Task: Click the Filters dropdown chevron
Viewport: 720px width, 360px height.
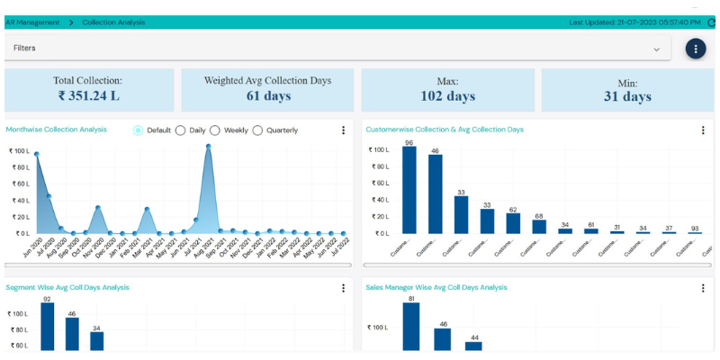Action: coord(656,49)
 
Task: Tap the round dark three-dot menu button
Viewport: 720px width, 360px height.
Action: coord(696,49)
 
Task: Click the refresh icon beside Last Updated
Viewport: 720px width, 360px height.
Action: coord(711,22)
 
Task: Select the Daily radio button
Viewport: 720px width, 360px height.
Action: coord(181,130)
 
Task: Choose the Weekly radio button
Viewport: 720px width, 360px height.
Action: coord(215,130)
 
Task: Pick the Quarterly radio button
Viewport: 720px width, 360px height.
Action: coord(258,130)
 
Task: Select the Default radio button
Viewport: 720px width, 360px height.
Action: coord(138,130)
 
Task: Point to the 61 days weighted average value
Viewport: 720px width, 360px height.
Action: coord(267,96)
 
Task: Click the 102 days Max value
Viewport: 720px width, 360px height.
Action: coord(447,96)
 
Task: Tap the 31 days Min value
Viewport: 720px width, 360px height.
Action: coord(627,96)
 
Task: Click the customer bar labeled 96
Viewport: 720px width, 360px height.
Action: coord(409,190)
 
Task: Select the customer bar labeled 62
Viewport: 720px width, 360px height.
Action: coord(513,223)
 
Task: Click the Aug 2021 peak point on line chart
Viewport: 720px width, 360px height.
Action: coord(208,146)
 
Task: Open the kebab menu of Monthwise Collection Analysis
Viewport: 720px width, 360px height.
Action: coord(343,130)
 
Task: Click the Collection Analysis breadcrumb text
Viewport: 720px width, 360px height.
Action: coord(113,22)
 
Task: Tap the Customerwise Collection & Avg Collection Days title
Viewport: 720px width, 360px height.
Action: coord(445,130)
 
